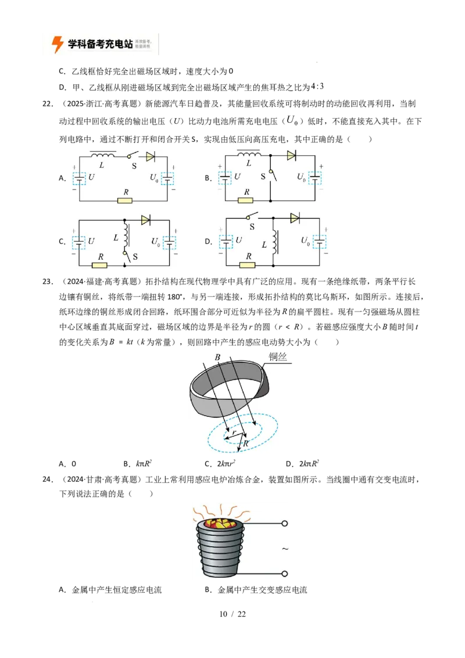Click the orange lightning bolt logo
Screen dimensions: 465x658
pyautogui.click(x=57, y=44)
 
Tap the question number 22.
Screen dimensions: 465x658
pyautogui.click(x=47, y=104)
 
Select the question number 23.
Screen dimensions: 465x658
pyautogui.click(x=47, y=281)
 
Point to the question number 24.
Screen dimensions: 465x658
pyautogui.click(x=47, y=479)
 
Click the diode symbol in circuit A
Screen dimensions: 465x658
pyautogui.click(x=150, y=156)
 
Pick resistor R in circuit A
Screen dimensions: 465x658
pyautogui.click(x=125, y=201)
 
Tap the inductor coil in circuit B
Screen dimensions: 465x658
pyautogui.click(x=249, y=155)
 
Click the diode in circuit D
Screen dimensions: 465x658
pyautogui.click(x=295, y=218)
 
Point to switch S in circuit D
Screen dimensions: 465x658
pyautogui.click(x=251, y=217)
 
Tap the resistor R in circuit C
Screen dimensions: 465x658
pyautogui.click(x=99, y=265)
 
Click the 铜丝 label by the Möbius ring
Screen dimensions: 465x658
pyautogui.click(x=278, y=357)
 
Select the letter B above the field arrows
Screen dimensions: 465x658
pyautogui.click(x=217, y=357)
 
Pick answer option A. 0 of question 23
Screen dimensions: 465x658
pyautogui.click(x=67, y=464)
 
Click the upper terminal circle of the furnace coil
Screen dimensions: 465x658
pyautogui.click(x=285, y=523)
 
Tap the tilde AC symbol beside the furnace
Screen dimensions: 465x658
pyautogui.click(x=285, y=549)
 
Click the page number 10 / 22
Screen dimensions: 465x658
pyautogui.click(x=233, y=614)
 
